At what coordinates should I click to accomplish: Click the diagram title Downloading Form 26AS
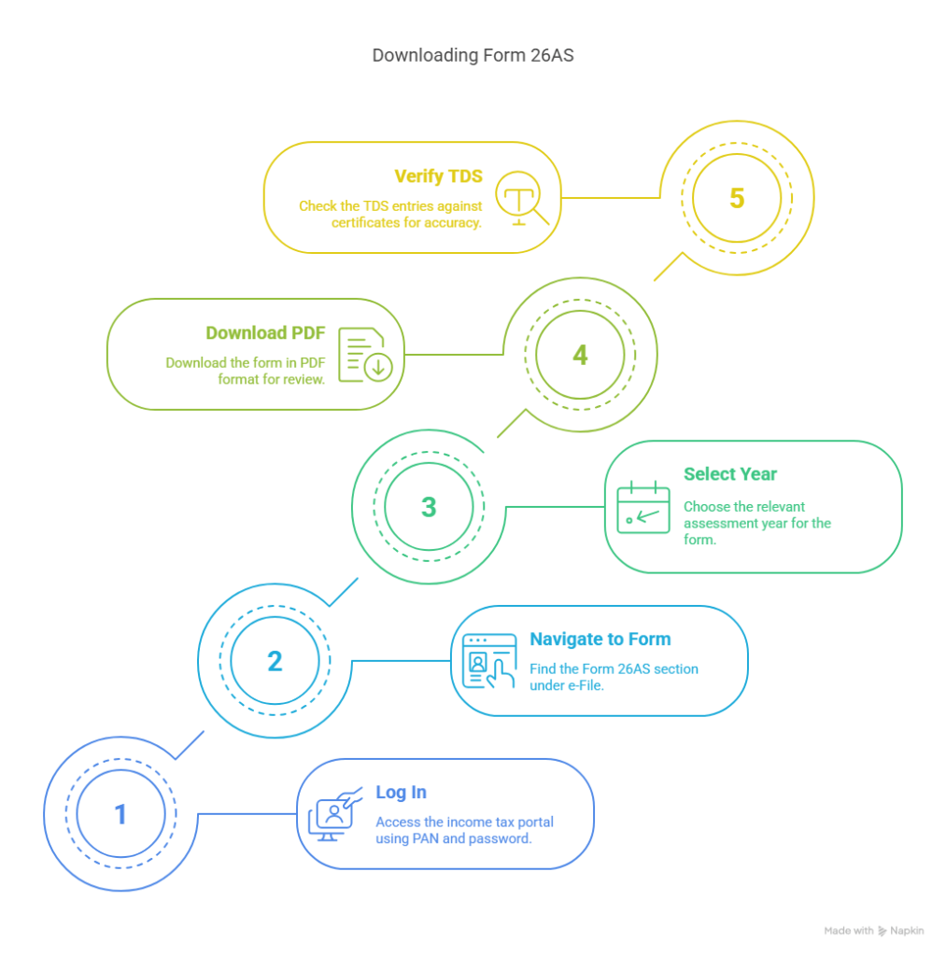tap(473, 55)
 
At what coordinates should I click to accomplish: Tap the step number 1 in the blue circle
tap(120, 814)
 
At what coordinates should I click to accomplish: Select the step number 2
tap(275, 661)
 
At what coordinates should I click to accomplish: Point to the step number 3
tap(429, 507)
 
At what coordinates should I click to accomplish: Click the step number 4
tap(580, 355)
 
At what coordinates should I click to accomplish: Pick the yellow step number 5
tap(737, 198)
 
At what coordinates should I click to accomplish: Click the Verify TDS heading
tap(439, 176)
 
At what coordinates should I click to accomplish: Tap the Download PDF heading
tap(265, 333)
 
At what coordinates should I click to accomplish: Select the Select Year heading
tap(730, 473)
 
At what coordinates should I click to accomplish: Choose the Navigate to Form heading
tap(600, 639)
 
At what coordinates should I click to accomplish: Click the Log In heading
tap(401, 792)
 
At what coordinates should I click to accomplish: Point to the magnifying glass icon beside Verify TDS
tap(521, 198)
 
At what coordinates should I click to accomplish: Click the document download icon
tap(365, 355)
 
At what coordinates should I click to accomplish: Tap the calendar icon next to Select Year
tap(643, 507)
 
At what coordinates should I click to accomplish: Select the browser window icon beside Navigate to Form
tap(489, 662)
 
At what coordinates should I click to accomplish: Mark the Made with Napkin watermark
tap(873, 931)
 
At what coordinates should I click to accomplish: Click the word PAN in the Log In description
tap(426, 838)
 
